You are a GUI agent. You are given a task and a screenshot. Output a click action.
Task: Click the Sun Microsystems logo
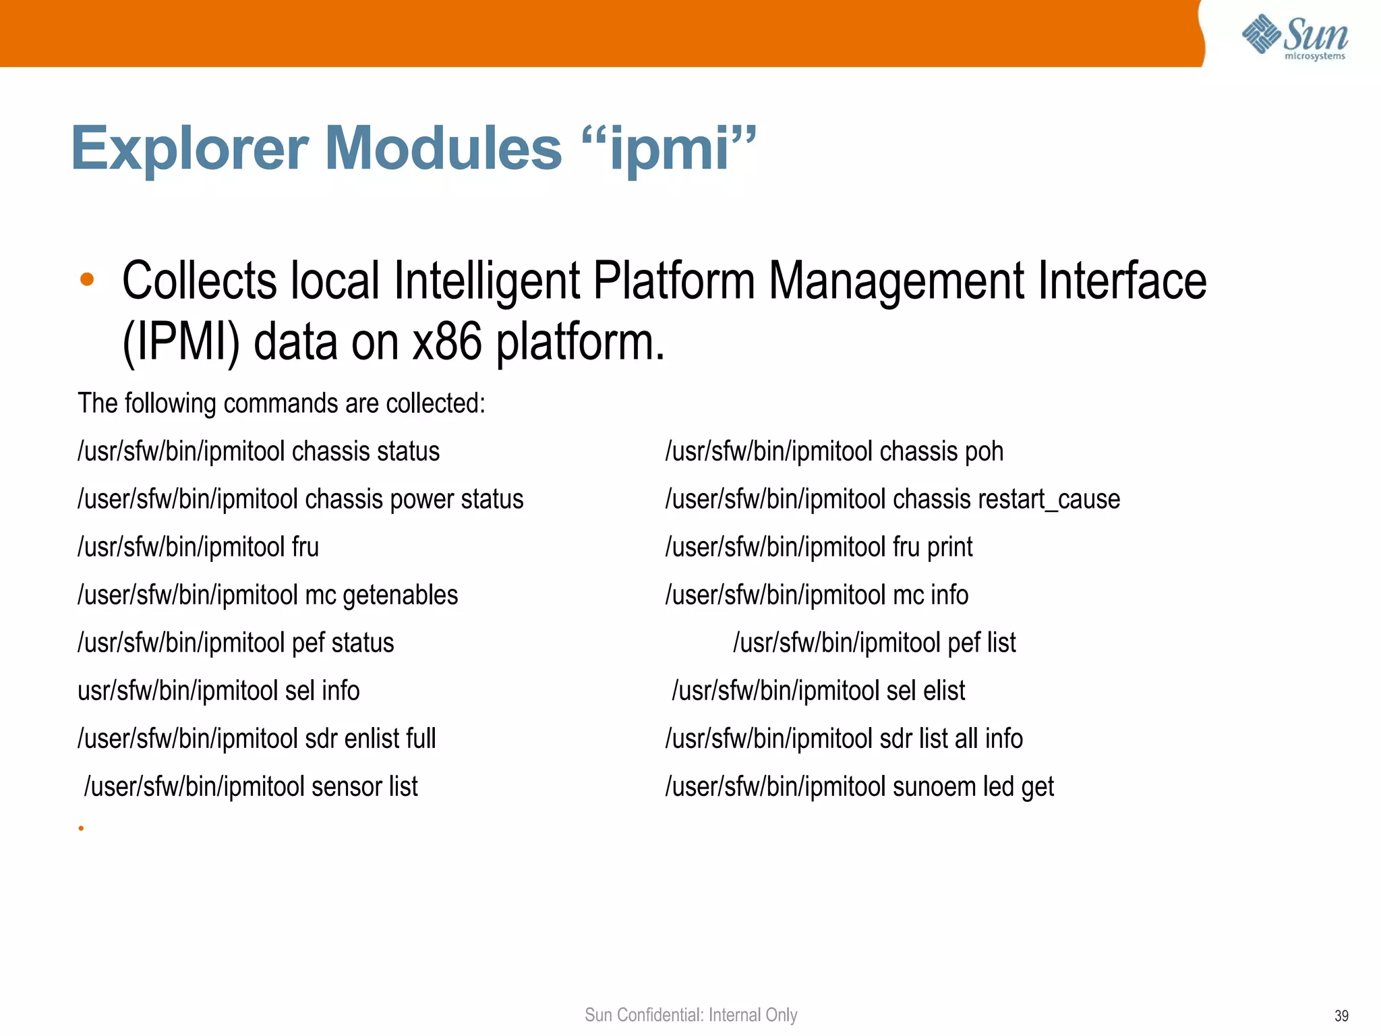pos(1294,37)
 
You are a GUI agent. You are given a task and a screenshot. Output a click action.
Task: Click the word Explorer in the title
pos(189,148)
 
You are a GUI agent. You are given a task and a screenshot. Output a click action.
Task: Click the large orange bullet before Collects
pos(87,279)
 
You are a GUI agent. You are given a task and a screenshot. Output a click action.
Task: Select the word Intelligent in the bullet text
pos(486,281)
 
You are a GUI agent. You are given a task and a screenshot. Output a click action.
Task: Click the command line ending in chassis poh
pos(834,451)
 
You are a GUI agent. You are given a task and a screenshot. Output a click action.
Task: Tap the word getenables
pos(400,596)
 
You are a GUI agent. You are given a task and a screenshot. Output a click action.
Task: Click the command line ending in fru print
pos(819,547)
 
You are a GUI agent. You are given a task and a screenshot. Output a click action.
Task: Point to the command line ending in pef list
pos(875,643)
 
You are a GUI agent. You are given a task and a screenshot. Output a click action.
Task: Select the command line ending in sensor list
pos(251,786)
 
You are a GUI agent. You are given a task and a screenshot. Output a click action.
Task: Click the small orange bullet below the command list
pos(81,828)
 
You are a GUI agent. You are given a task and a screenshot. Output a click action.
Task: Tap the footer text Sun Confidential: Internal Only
pos(690,1015)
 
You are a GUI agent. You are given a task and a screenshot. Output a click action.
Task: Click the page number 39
pos(1341,1016)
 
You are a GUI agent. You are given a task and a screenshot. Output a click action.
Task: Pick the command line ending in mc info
pos(817,596)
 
